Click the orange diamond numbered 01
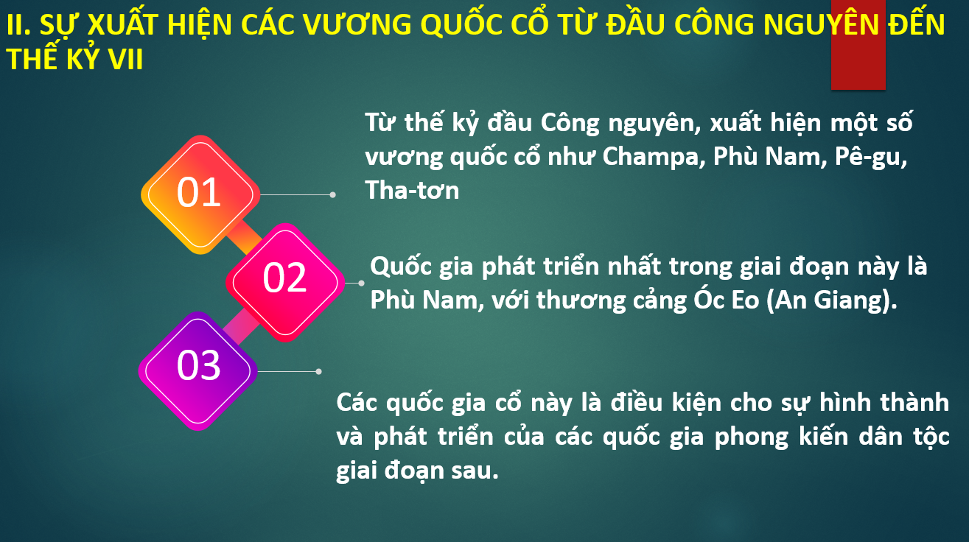point(200,194)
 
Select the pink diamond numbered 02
point(285,283)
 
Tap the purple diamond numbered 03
point(198,371)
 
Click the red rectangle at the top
point(858,44)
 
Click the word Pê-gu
point(871,157)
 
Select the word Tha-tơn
point(412,190)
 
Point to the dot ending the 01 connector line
point(332,195)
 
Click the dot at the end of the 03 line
point(319,372)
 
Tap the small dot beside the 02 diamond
point(361,283)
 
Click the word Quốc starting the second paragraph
point(401,267)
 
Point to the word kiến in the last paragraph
point(824,436)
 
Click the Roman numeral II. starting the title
point(18,24)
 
